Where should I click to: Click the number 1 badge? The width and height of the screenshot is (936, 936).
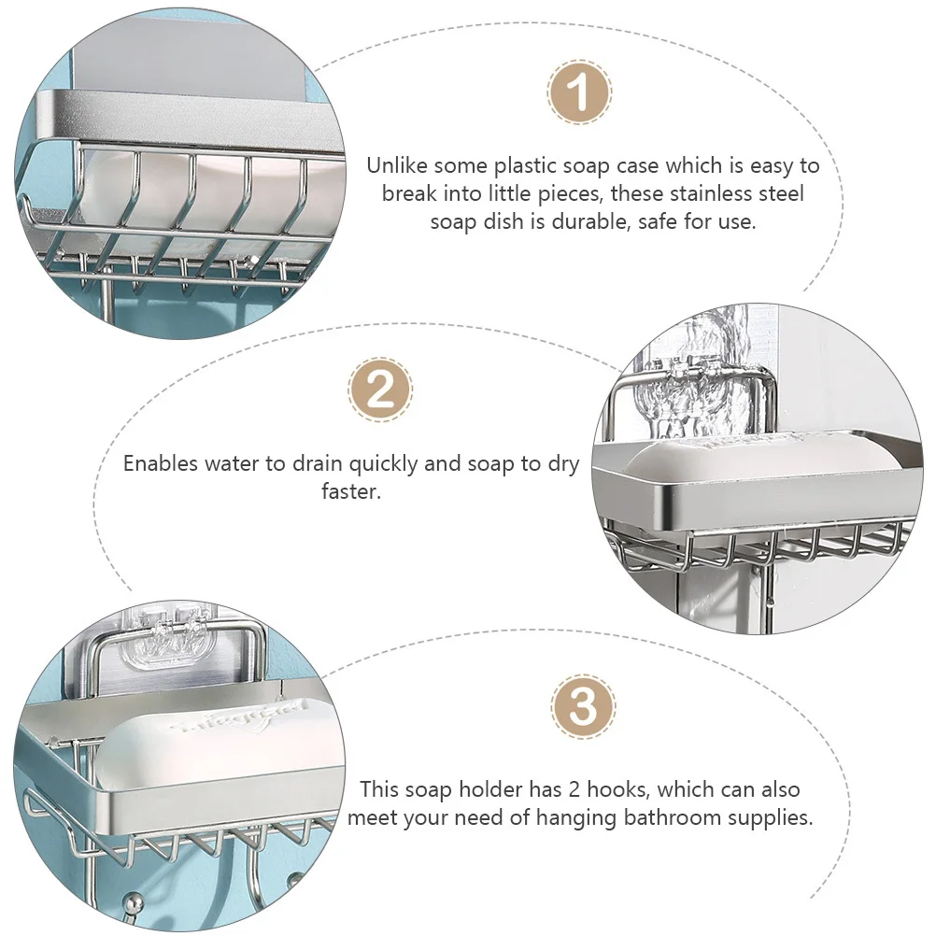(579, 92)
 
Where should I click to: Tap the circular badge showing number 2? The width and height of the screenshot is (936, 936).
(380, 390)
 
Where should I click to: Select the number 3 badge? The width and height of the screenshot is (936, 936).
(583, 707)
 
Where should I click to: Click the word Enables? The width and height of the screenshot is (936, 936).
(160, 463)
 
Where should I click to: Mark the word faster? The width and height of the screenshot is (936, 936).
(350, 491)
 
